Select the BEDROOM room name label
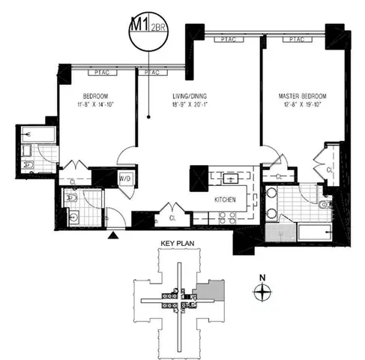click(x=96, y=96)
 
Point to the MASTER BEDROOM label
click(x=298, y=96)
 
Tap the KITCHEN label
click(x=226, y=199)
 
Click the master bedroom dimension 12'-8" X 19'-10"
click(x=298, y=106)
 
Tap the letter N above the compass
click(x=262, y=277)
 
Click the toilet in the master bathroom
click(x=323, y=203)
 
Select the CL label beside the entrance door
click(x=172, y=217)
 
